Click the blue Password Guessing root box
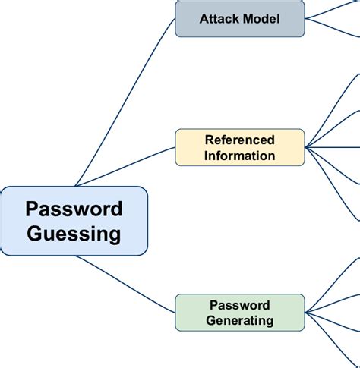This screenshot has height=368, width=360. pyautogui.click(x=74, y=221)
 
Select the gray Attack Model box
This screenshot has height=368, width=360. pyautogui.click(x=239, y=19)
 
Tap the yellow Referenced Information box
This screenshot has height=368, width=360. pyautogui.click(x=239, y=148)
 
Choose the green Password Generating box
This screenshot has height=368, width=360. pyautogui.click(x=239, y=313)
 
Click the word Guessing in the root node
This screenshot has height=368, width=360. pyautogui.click(x=74, y=234)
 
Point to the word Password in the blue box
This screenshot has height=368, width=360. pyautogui.click(x=74, y=209)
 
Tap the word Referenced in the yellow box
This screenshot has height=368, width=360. pyautogui.click(x=239, y=140)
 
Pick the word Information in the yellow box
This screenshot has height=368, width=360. pyautogui.click(x=239, y=156)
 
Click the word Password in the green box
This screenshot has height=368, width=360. pyautogui.click(x=239, y=305)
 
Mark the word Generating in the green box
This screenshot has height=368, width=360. pyautogui.click(x=239, y=321)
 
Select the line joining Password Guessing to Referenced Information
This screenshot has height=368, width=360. pyautogui.click(x=125, y=165)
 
